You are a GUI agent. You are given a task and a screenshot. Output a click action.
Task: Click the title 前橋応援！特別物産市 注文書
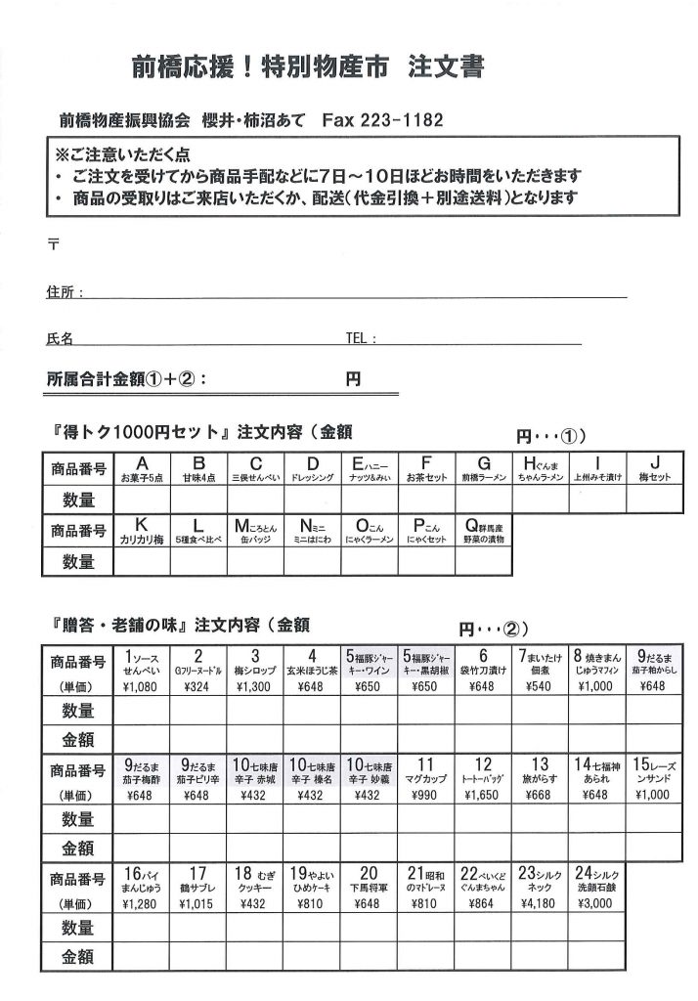click(x=308, y=66)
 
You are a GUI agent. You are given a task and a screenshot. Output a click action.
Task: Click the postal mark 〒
click(x=52, y=244)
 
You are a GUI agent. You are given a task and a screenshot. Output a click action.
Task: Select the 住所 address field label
click(x=65, y=292)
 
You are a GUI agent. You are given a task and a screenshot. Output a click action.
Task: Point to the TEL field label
click(x=361, y=339)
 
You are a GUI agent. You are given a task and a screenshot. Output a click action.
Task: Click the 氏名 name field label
click(x=60, y=339)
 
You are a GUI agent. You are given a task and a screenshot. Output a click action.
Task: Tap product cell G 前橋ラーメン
click(x=483, y=468)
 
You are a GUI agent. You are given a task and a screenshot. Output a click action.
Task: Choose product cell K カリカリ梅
click(x=142, y=531)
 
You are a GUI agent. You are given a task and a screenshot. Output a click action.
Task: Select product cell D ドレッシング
click(x=313, y=468)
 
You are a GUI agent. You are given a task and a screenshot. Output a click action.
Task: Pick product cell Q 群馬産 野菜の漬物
click(x=483, y=531)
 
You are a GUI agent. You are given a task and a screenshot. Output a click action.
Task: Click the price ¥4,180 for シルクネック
click(x=540, y=904)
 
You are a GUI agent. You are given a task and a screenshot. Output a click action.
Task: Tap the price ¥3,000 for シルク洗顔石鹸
click(x=595, y=904)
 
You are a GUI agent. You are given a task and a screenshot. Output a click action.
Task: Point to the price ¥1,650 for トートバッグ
click(x=483, y=796)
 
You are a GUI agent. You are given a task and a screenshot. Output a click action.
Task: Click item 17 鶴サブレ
click(x=198, y=880)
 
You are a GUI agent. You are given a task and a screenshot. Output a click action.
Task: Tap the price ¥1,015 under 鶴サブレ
click(x=198, y=904)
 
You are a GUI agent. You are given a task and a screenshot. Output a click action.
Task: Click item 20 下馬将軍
click(x=370, y=880)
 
